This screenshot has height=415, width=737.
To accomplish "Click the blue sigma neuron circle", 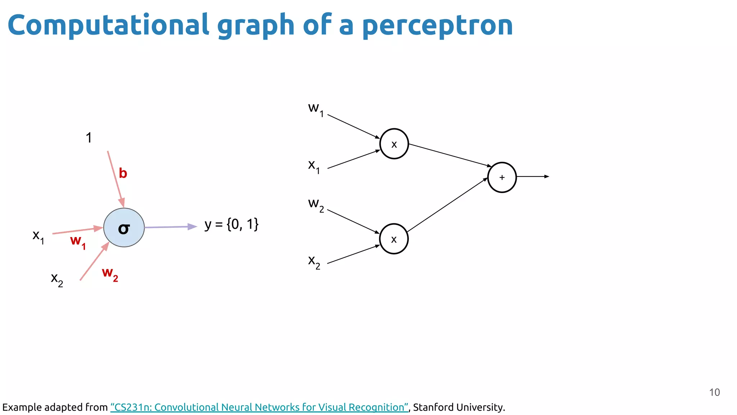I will click(x=124, y=228).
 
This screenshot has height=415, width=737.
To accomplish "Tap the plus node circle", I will click(x=502, y=177).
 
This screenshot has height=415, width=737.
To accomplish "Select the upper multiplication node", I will click(x=394, y=144).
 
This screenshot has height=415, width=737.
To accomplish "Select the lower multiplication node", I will click(x=394, y=239).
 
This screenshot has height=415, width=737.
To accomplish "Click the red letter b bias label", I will click(x=123, y=173).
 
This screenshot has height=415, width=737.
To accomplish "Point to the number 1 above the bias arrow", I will click(x=89, y=138).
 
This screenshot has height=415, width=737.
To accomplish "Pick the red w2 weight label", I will click(x=110, y=273).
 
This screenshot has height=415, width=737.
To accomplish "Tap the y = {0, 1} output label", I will click(x=231, y=224).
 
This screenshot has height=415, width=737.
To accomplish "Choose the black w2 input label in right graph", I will click(x=316, y=205).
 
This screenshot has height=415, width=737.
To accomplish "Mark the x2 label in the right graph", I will click(x=314, y=261).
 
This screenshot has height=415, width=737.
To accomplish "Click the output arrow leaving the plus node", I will click(x=533, y=177).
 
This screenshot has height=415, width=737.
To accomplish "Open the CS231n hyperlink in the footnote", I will click(x=259, y=407).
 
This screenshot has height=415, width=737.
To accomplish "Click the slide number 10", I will click(x=714, y=392).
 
